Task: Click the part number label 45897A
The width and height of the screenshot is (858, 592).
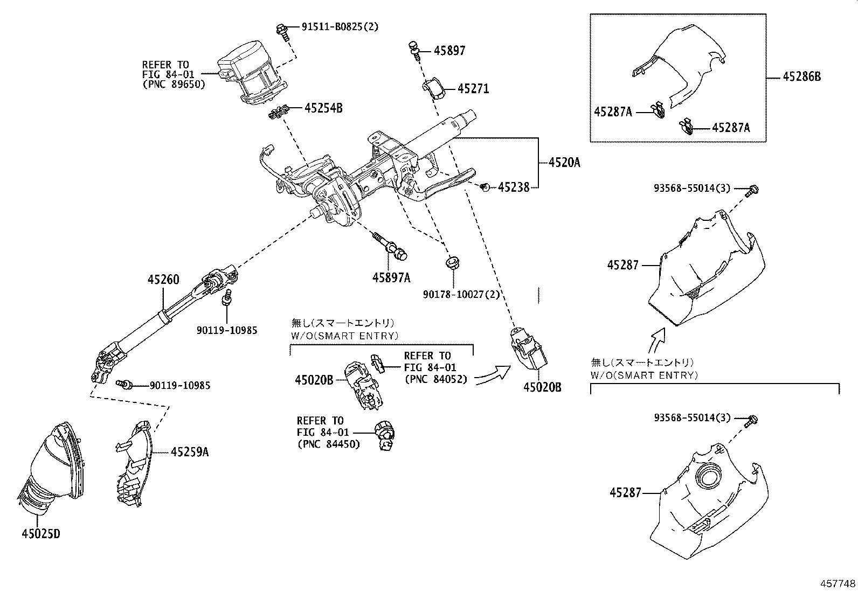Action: [391, 277]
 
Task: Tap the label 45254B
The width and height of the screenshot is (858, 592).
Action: [323, 108]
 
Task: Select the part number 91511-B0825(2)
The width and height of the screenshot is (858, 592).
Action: [340, 26]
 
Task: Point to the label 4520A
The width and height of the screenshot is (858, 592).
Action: [564, 162]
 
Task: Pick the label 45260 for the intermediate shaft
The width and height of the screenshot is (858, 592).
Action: [164, 280]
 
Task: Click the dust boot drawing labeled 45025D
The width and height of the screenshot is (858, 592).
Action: [51, 469]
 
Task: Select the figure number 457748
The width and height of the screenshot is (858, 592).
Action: [838, 583]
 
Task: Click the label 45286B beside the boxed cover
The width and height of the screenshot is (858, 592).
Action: [802, 76]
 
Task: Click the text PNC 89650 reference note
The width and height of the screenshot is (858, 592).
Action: [174, 84]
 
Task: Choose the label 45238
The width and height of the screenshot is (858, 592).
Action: [513, 187]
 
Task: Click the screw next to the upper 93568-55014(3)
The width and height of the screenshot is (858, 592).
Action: [753, 189]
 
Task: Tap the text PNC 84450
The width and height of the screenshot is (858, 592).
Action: [328, 444]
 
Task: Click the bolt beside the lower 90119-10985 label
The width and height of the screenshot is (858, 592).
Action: [124, 384]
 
